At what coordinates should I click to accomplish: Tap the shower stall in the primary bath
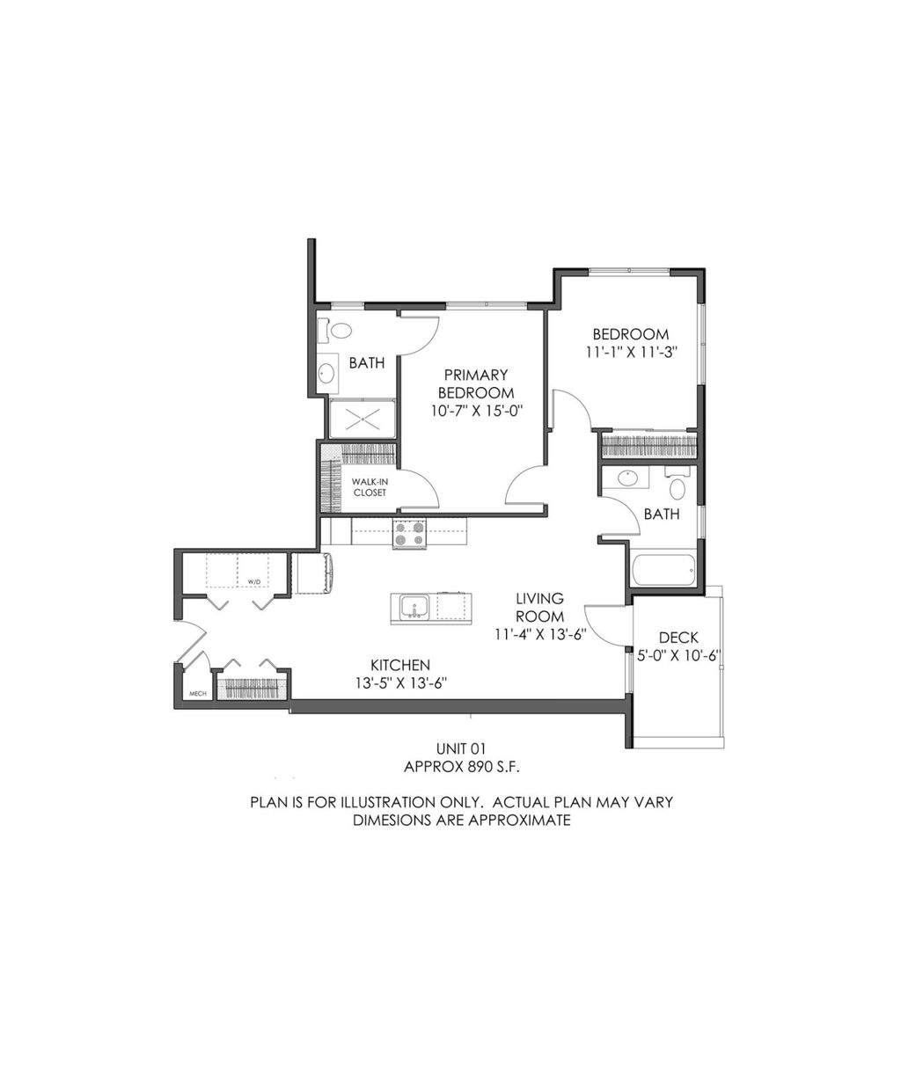(363, 418)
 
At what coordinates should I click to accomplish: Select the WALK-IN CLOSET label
(370, 487)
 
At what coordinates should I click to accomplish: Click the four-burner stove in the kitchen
(408, 534)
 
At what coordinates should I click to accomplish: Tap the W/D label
(253, 582)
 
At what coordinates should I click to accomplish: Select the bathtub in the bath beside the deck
(664, 571)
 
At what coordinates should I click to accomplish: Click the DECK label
(678, 638)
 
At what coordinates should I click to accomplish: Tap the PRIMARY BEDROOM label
(476, 383)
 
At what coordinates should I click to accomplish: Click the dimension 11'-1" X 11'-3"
(630, 351)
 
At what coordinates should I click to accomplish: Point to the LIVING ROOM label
(539, 607)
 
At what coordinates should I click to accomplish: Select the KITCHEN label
(399, 665)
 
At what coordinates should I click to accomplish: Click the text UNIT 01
(461, 748)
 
